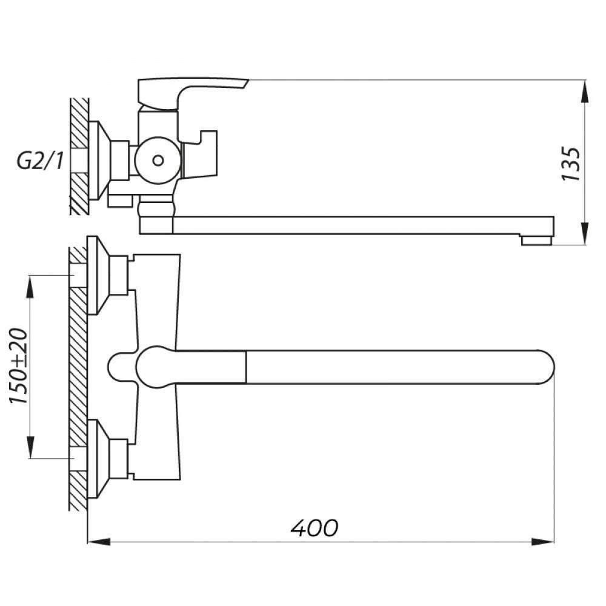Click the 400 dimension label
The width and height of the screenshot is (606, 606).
click(314, 528)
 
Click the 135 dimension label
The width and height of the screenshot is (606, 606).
click(571, 164)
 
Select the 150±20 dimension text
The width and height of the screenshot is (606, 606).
click(19, 366)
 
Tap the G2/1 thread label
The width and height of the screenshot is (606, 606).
click(40, 161)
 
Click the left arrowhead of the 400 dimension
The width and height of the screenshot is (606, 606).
click(99, 542)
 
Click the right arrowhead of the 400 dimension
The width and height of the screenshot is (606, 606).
click(542, 542)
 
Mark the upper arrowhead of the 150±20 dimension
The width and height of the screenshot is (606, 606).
click(30, 287)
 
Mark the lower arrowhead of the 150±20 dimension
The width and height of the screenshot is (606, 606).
click(30, 448)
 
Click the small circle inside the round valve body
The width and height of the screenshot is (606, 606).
click(158, 160)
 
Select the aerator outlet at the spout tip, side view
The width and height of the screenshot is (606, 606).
click(536, 241)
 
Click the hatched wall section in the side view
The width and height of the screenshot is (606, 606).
click(79, 156)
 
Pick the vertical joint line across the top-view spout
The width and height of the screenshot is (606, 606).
click(246, 367)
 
